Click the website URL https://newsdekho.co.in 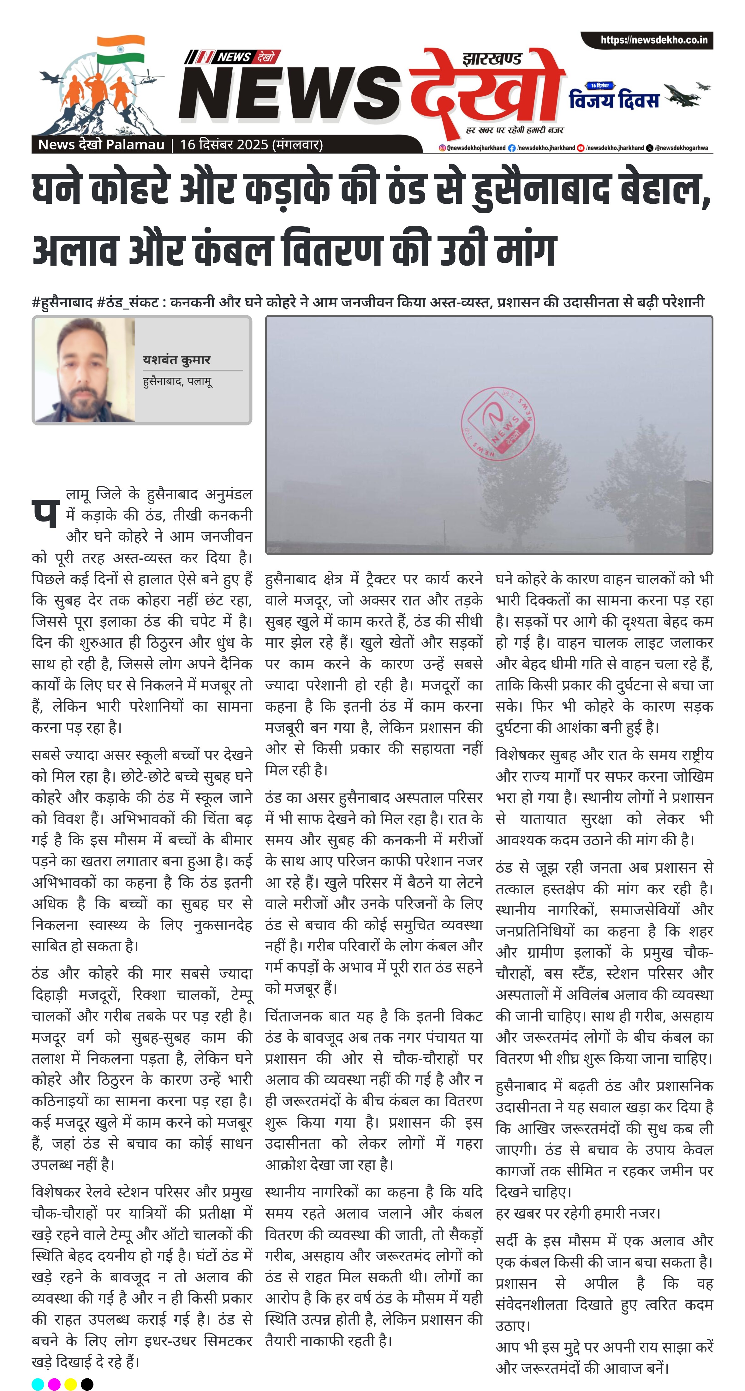click(x=653, y=40)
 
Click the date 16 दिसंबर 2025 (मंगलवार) click(x=251, y=145)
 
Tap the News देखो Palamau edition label click(x=101, y=145)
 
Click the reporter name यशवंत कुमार click(x=176, y=360)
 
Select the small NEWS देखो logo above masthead click(x=232, y=57)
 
